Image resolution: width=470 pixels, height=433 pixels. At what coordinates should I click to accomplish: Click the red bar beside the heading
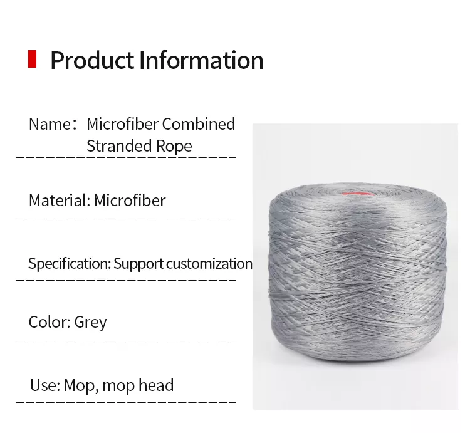click(32, 59)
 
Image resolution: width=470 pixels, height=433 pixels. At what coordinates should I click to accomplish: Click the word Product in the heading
click(92, 60)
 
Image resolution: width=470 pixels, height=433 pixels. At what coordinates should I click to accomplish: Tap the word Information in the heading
click(201, 60)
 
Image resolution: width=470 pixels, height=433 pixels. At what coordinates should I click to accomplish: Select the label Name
click(50, 123)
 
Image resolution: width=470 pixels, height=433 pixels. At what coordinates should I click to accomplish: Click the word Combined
click(199, 123)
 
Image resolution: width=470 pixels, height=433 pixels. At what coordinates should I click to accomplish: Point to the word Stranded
click(119, 146)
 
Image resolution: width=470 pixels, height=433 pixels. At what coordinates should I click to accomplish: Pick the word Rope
click(174, 147)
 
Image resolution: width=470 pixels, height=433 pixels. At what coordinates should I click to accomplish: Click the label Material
click(60, 200)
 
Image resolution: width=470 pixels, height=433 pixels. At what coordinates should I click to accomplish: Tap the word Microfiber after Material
click(130, 200)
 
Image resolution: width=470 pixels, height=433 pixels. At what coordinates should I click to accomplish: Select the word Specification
click(69, 264)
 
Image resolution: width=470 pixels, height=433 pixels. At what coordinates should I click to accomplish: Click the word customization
click(209, 263)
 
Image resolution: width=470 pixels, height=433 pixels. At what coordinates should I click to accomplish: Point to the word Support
click(138, 264)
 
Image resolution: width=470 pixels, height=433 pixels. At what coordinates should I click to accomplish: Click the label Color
click(50, 322)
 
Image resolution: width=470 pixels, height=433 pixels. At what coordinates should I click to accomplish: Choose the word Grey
click(90, 323)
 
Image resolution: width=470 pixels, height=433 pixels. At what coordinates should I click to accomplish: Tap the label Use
click(45, 385)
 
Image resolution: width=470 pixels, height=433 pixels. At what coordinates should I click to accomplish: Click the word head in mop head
click(156, 385)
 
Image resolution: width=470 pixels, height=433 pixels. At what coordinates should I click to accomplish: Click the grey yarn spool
click(357, 272)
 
